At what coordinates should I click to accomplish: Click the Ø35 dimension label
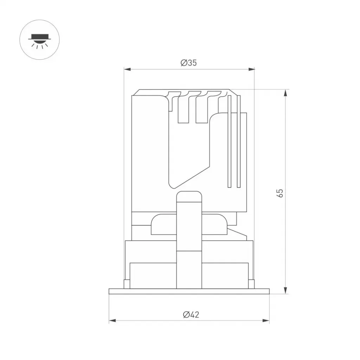coord(189,63)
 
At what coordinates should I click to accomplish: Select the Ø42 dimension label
coord(191,315)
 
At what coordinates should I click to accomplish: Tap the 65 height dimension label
coord(280,193)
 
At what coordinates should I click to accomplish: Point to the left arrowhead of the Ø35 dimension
coord(127,69)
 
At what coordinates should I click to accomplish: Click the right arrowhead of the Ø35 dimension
coord(251,69)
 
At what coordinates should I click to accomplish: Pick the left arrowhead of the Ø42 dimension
coord(112,321)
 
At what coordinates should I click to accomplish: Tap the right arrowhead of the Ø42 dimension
coord(266,321)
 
